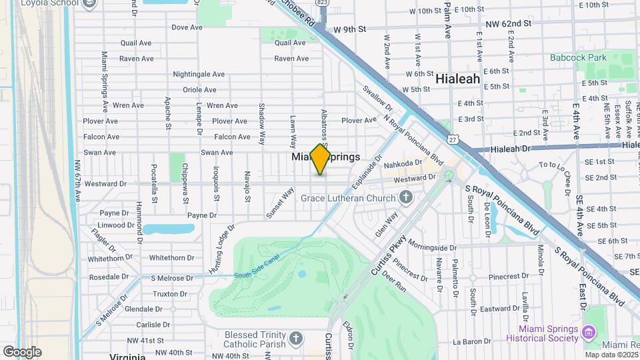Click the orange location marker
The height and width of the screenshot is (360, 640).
(x=321, y=159)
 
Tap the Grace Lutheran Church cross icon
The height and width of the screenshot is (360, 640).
(x=405, y=197)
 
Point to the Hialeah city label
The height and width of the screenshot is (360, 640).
(x=457, y=79)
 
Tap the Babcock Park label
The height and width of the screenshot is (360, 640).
(x=578, y=57)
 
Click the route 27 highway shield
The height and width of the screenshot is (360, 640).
(x=453, y=141)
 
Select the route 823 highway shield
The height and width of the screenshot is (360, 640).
(x=323, y=3)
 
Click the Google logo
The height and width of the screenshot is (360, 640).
(x=22, y=351)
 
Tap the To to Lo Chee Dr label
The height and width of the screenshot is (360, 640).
(x=555, y=165)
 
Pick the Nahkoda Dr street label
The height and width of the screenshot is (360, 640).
(x=408, y=163)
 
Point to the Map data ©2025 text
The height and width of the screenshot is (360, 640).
(x=611, y=354)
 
